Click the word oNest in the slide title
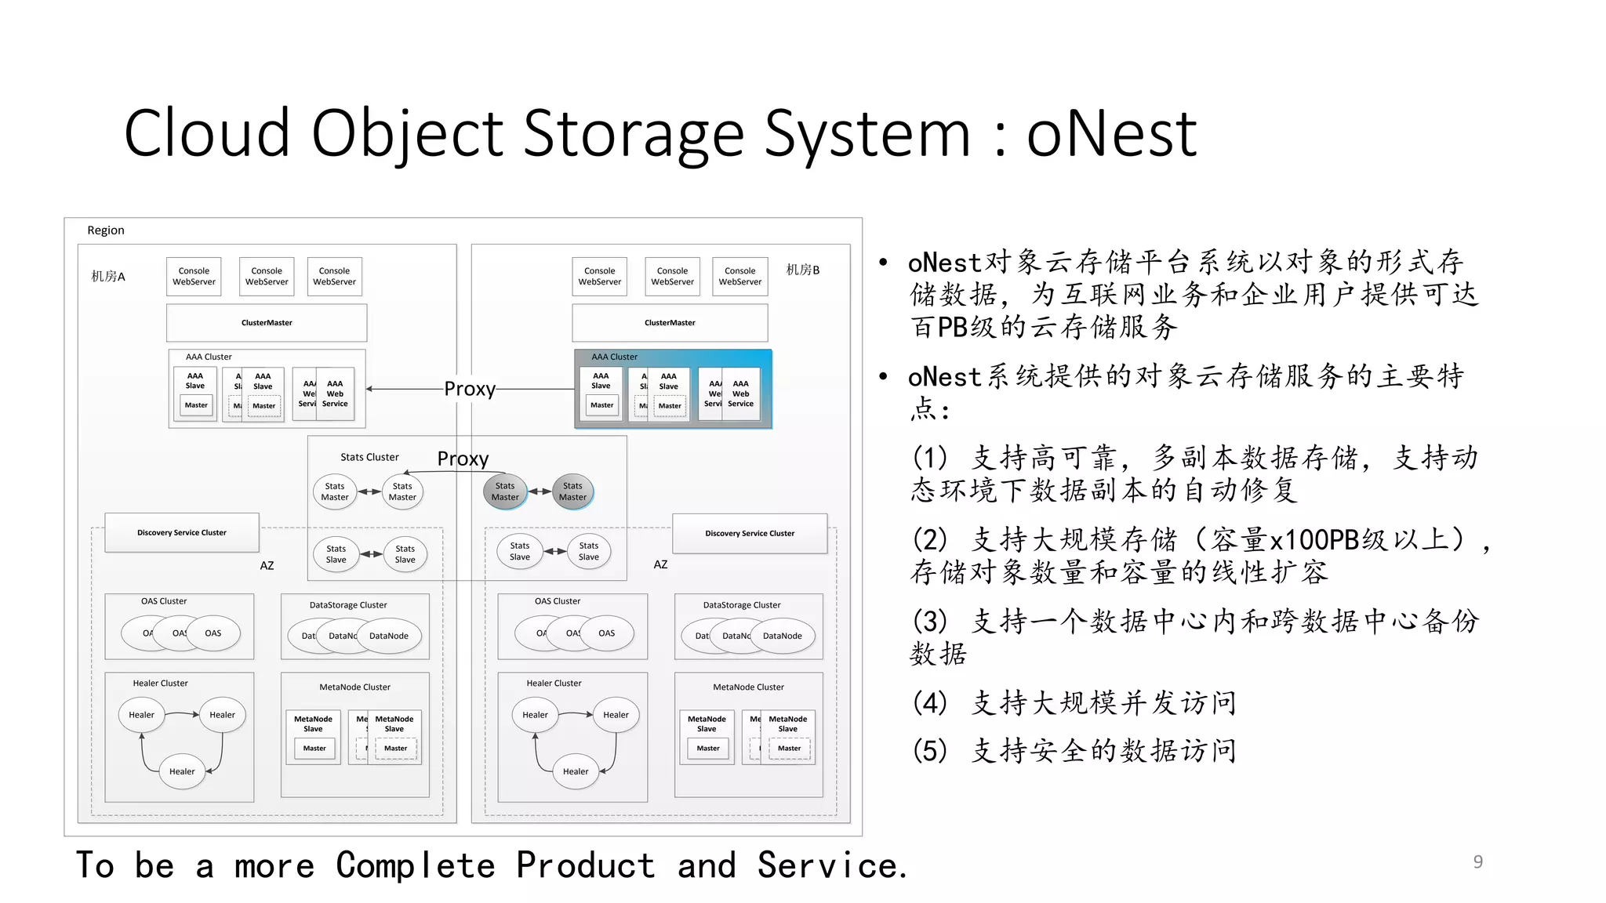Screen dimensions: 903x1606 pyautogui.click(x=1111, y=133)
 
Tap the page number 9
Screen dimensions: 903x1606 pyautogui.click(x=1477, y=861)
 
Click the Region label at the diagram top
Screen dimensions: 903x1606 pyautogui.click(x=105, y=230)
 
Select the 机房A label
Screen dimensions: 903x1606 pyautogui.click(x=107, y=276)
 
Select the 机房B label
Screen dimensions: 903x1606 pyautogui.click(x=802, y=270)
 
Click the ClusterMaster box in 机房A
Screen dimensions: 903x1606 pyautogui.click(x=267, y=323)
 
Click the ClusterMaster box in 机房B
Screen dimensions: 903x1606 pyautogui.click(x=670, y=323)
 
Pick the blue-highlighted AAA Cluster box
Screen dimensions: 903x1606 pyautogui.click(x=673, y=389)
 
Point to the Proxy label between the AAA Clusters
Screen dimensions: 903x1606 pyautogui.click(x=470, y=389)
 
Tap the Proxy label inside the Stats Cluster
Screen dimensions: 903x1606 pyautogui.click(x=463, y=459)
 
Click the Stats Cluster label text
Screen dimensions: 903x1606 pyautogui.click(x=369, y=457)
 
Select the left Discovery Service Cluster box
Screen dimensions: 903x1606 pyautogui.click(x=181, y=533)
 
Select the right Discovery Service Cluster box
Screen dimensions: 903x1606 pyautogui.click(x=749, y=534)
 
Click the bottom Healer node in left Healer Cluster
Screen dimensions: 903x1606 pyautogui.click(x=182, y=771)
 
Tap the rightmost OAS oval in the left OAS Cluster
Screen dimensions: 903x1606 pyautogui.click(x=213, y=633)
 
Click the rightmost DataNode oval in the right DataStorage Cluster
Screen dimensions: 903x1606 pyautogui.click(x=782, y=636)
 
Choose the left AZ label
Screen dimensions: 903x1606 pyautogui.click(x=267, y=565)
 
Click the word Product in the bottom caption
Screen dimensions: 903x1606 pyautogui.click(x=585, y=865)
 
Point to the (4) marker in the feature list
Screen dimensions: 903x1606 pyautogui.click(x=929, y=703)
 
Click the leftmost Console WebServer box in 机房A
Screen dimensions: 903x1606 pyautogui.click(x=194, y=277)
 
